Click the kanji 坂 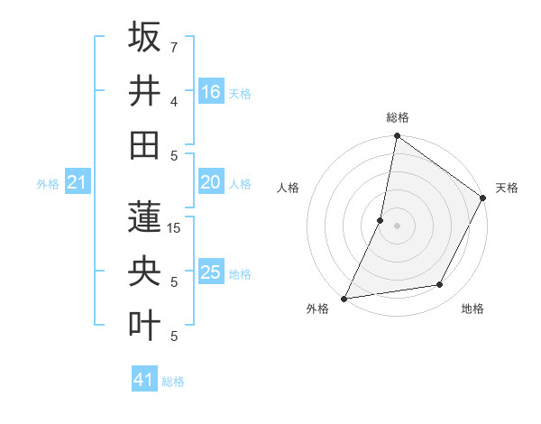click(144, 37)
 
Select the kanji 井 click(144, 90)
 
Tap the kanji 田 click(144, 143)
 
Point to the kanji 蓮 click(144, 217)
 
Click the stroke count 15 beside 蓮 click(175, 229)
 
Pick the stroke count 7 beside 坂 click(173, 47)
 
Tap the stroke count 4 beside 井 click(173, 101)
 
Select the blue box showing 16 click(210, 91)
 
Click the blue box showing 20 click(210, 182)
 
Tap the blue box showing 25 click(210, 272)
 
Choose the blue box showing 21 click(78, 183)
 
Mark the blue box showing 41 click(144, 380)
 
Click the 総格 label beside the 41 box click(173, 382)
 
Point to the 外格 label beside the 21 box click(48, 184)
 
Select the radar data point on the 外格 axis click(344, 298)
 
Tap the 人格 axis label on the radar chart click(289, 188)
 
